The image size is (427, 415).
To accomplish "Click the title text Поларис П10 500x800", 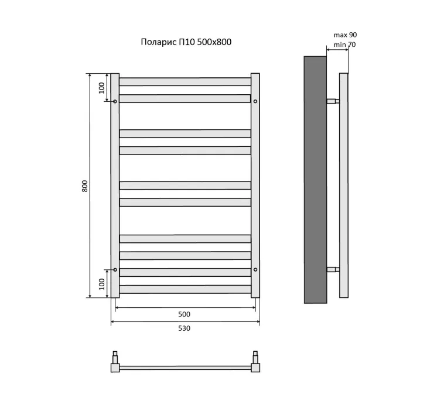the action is point(186,42).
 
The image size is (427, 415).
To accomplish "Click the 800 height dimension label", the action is point(85,186).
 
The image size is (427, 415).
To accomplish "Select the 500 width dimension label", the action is point(184,314).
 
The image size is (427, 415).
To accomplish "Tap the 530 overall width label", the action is point(184,328).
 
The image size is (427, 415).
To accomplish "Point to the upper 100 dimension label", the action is point(101,88).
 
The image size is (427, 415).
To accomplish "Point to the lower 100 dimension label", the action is point(101,284).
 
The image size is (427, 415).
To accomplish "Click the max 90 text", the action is point(346,35).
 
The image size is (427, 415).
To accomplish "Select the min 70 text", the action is point(345,44).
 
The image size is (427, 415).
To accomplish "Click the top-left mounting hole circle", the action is point(115,101).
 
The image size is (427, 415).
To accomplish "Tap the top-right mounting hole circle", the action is point(255,101).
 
